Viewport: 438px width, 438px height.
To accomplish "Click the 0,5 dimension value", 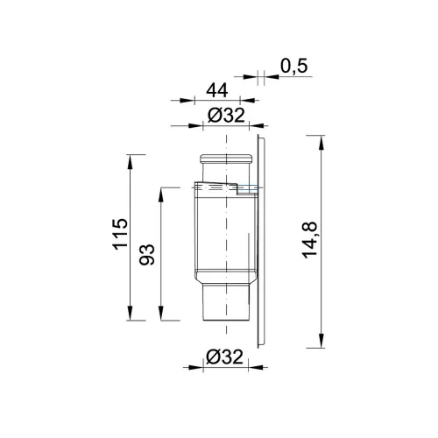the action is click(x=294, y=66).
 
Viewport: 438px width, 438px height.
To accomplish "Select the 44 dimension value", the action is click(x=217, y=90).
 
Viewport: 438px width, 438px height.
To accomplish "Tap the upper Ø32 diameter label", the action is click(x=226, y=116).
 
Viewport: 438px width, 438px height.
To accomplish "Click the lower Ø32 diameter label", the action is click(x=224, y=357).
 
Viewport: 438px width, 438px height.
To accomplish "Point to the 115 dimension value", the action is click(x=120, y=234).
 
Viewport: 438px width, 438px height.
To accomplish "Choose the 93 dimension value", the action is click(x=146, y=255).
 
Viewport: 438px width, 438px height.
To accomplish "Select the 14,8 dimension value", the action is click(x=310, y=240).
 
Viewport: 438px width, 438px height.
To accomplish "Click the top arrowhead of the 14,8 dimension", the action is click(x=321, y=143).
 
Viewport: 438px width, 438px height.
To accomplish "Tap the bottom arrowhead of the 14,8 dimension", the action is click(x=321, y=341).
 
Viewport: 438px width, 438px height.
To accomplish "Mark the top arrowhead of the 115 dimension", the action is click(x=131, y=162).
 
